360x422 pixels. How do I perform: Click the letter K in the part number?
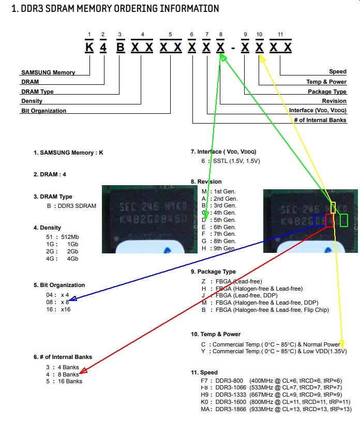click(89, 48)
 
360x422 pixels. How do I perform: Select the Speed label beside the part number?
click(337, 72)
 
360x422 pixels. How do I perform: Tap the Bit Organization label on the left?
click(43, 111)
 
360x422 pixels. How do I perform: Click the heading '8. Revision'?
click(206, 182)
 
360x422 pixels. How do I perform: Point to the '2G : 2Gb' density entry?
click(62, 251)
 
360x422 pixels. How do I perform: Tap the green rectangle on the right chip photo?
click(344, 220)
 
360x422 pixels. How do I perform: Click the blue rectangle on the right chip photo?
click(319, 220)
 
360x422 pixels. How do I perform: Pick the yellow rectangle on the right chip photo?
click(333, 207)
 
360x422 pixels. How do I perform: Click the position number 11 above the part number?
click(280, 35)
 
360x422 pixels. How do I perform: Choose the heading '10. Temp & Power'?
click(216, 334)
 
